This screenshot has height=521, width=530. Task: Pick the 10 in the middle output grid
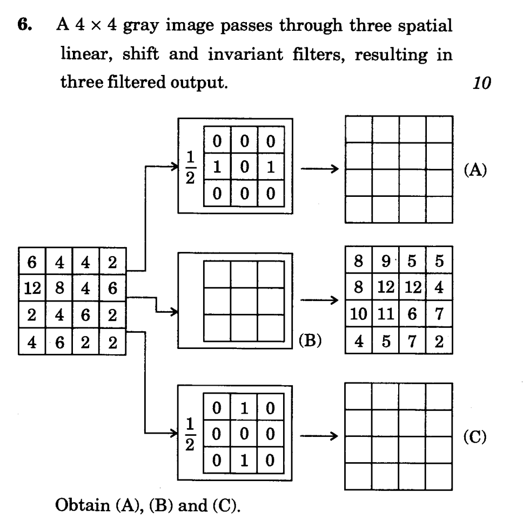tap(357, 314)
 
